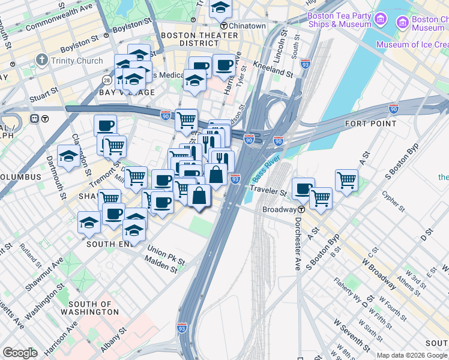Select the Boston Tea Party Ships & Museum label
pyautogui.click(x=339, y=20)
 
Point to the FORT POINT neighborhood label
pyautogui.click(x=370, y=124)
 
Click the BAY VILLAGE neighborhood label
pyautogui.click(x=127, y=92)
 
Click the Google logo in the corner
pyautogui.click(x=20, y=353)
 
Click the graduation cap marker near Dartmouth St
pyautogui.click(x=69, y=156)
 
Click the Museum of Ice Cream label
pyautogui.click(x=412, y=44)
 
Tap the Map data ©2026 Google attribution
pyautogui.click(x=412, y=355)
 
